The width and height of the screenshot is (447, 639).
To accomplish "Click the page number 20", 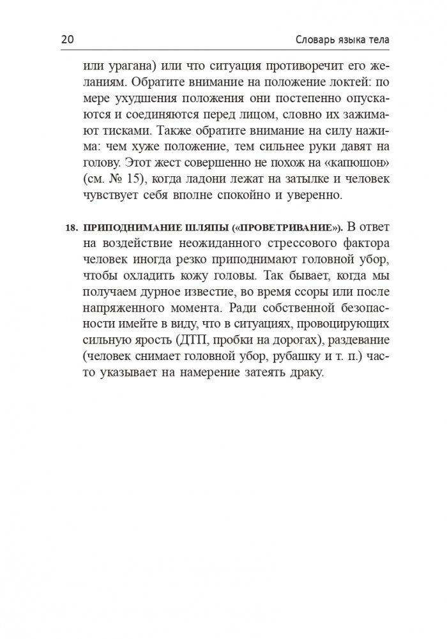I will click(68, 40).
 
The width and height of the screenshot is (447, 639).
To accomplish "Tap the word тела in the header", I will click(375, 40).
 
